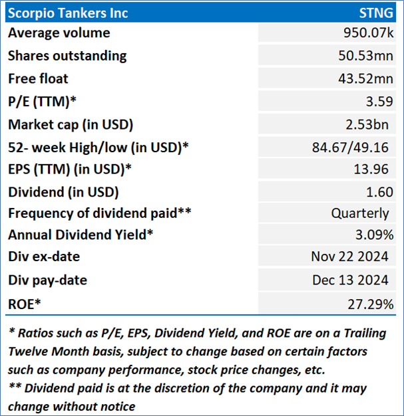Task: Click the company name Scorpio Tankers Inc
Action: (68, 13)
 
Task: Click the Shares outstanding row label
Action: (67, 56)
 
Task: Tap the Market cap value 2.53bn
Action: (368, 124)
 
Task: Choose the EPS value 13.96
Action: (371, 169)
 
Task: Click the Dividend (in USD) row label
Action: (63, 192)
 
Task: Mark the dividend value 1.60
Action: (375, 192)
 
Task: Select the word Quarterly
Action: (360, 213)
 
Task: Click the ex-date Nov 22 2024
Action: (349, 257)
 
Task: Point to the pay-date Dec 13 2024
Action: (350, 280)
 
